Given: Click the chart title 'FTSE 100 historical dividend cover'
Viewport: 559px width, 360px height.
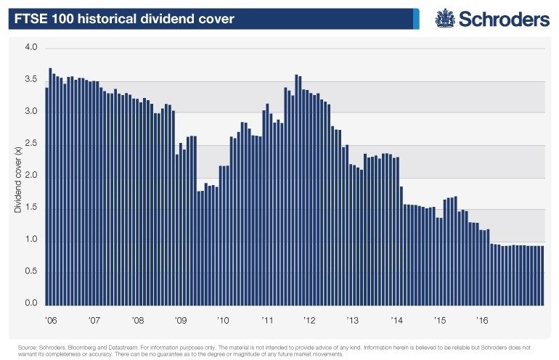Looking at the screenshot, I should pos(126,19).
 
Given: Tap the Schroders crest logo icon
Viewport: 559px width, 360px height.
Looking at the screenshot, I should pos(444,19).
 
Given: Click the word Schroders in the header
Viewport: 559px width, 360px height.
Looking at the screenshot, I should pos(502,20).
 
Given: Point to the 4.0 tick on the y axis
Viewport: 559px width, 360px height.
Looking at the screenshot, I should pos(31,48).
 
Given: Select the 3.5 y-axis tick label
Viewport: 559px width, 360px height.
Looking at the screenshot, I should pos(31,80).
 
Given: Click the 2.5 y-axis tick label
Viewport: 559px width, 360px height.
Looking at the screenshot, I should pos(31,144).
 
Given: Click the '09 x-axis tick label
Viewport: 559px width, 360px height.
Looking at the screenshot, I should pos(180,319).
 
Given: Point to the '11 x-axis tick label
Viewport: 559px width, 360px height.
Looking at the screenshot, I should pos(267,319).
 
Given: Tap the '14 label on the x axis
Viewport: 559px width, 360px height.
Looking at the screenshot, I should pos(396,319).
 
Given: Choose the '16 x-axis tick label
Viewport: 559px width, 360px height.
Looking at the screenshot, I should pos(481,319).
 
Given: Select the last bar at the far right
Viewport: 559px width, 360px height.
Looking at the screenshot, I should pos(542,276).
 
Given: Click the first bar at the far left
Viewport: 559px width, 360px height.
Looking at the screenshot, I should pos(46,196).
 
